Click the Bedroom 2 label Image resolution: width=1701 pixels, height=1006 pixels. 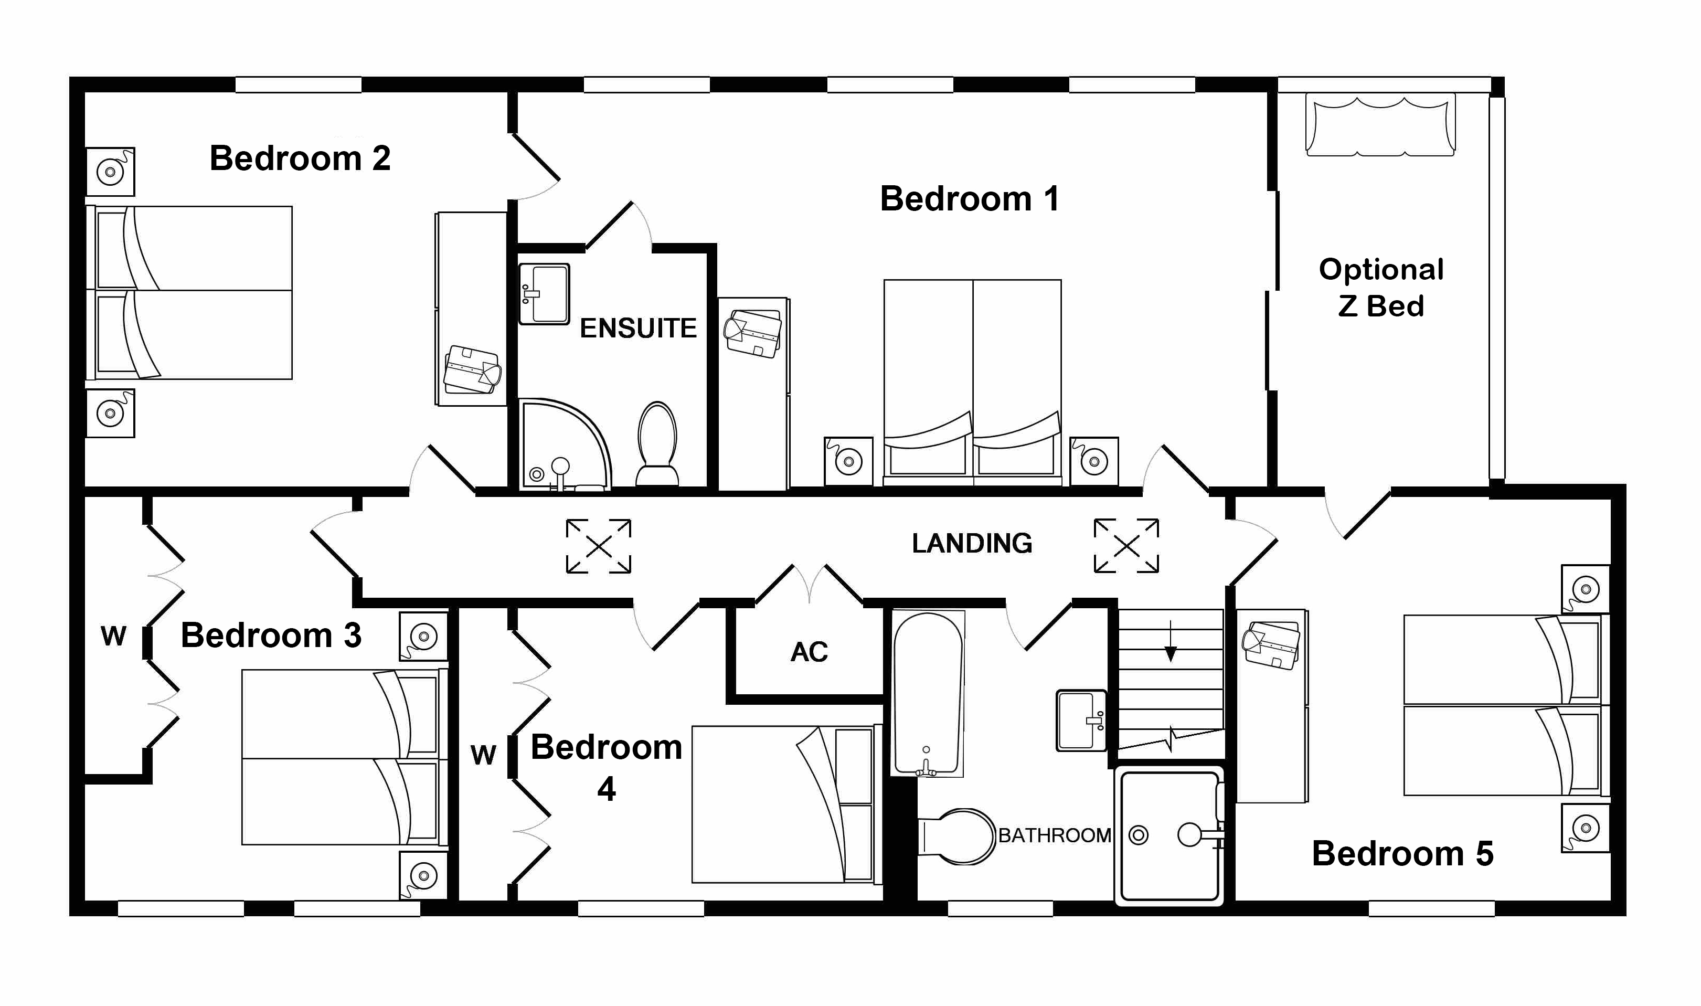coord(300,158)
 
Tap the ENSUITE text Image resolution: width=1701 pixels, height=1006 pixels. coord(637,329)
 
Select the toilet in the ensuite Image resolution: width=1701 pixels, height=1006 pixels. coord(657,444)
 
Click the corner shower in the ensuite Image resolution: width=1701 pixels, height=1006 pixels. coord(559,444)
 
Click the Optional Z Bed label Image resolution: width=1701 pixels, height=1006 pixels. coord(1380,288)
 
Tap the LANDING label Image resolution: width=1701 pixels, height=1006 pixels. coord(971,544)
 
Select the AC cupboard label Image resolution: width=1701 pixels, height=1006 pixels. coord(809,652)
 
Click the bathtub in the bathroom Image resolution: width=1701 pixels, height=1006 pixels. coord(927,693)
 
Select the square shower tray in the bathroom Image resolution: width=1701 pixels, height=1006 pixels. coord(1169,836)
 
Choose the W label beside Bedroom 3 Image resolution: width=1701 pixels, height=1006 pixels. coord(113,636)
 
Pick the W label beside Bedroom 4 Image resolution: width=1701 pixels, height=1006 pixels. coord(483,755)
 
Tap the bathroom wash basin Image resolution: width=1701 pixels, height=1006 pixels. coord(1081,721)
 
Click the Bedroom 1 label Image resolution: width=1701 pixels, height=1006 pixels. coord(969,199)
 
